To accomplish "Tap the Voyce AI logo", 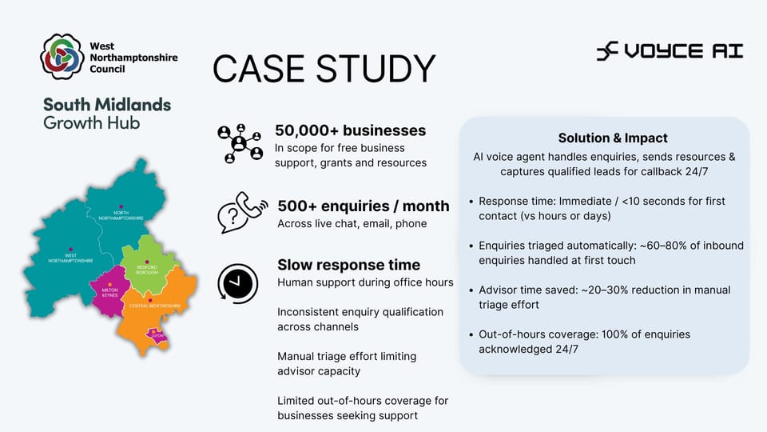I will [x=670, y=52].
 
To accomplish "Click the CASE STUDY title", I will [x=324, y=69].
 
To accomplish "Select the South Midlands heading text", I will [x=107, y=105].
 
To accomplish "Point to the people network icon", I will [x=239, y=143].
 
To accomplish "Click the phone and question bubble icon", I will [x=241, y=213].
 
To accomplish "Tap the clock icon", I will [x=237, y=282].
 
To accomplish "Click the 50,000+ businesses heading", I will [x=350, y=130].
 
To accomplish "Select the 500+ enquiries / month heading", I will [x=363, y=206].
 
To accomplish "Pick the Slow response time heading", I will [x=348, y=265].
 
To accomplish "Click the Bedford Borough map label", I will [x=148, y=270].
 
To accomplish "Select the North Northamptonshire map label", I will [x=121, y=215].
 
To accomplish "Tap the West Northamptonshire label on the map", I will [x=70, y=258].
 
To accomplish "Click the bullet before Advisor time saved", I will [x=471, y=290].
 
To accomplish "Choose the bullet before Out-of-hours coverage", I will [x=471, y=334].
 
